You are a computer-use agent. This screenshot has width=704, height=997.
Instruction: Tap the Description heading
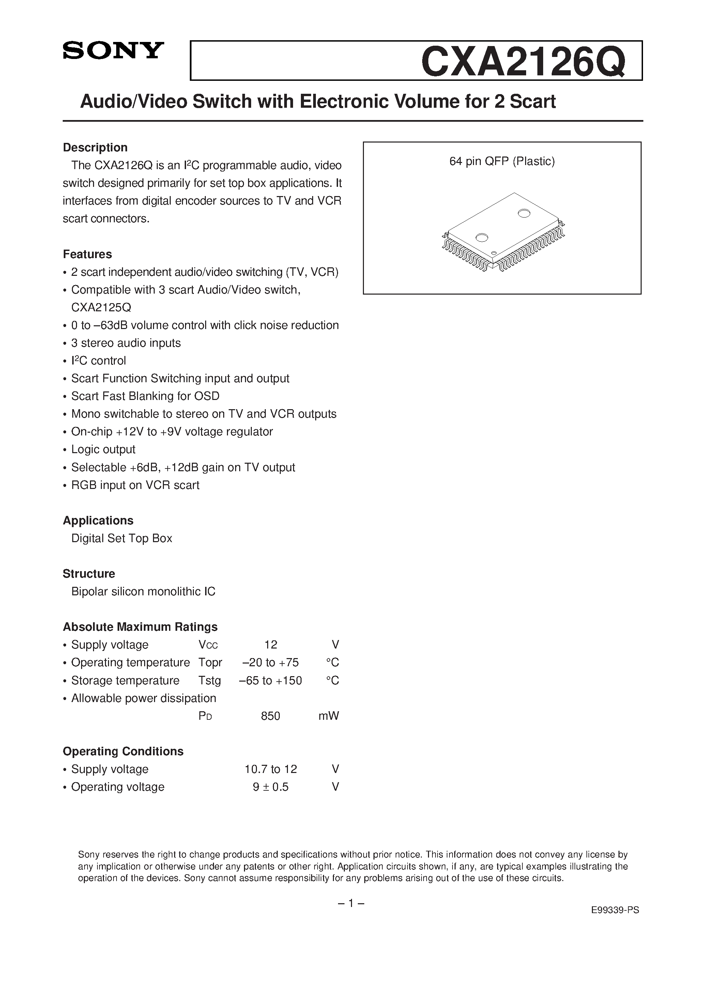(x=95, y=148)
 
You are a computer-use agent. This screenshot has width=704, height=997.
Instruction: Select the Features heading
(x=87, y=254)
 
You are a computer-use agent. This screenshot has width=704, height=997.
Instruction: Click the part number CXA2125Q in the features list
(x=101, y=308)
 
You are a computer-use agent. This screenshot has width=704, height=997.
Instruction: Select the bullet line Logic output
(x=103, y=449)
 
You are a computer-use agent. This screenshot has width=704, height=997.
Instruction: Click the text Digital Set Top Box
(x=122, y=538)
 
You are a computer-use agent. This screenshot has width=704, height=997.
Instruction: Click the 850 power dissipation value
(x=271, y=716)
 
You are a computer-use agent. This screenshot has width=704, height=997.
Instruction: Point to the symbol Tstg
(x=210, y=681)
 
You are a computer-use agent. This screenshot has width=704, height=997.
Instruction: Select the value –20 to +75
(x=271, y=663)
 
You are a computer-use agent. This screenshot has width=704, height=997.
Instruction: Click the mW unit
(x=328, y=716)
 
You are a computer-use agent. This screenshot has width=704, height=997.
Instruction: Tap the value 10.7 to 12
(x=271, y=770)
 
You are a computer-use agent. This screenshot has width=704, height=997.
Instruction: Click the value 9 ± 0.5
(x=271, y=787)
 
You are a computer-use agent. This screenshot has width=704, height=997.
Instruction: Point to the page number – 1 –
(x=351, y=904)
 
